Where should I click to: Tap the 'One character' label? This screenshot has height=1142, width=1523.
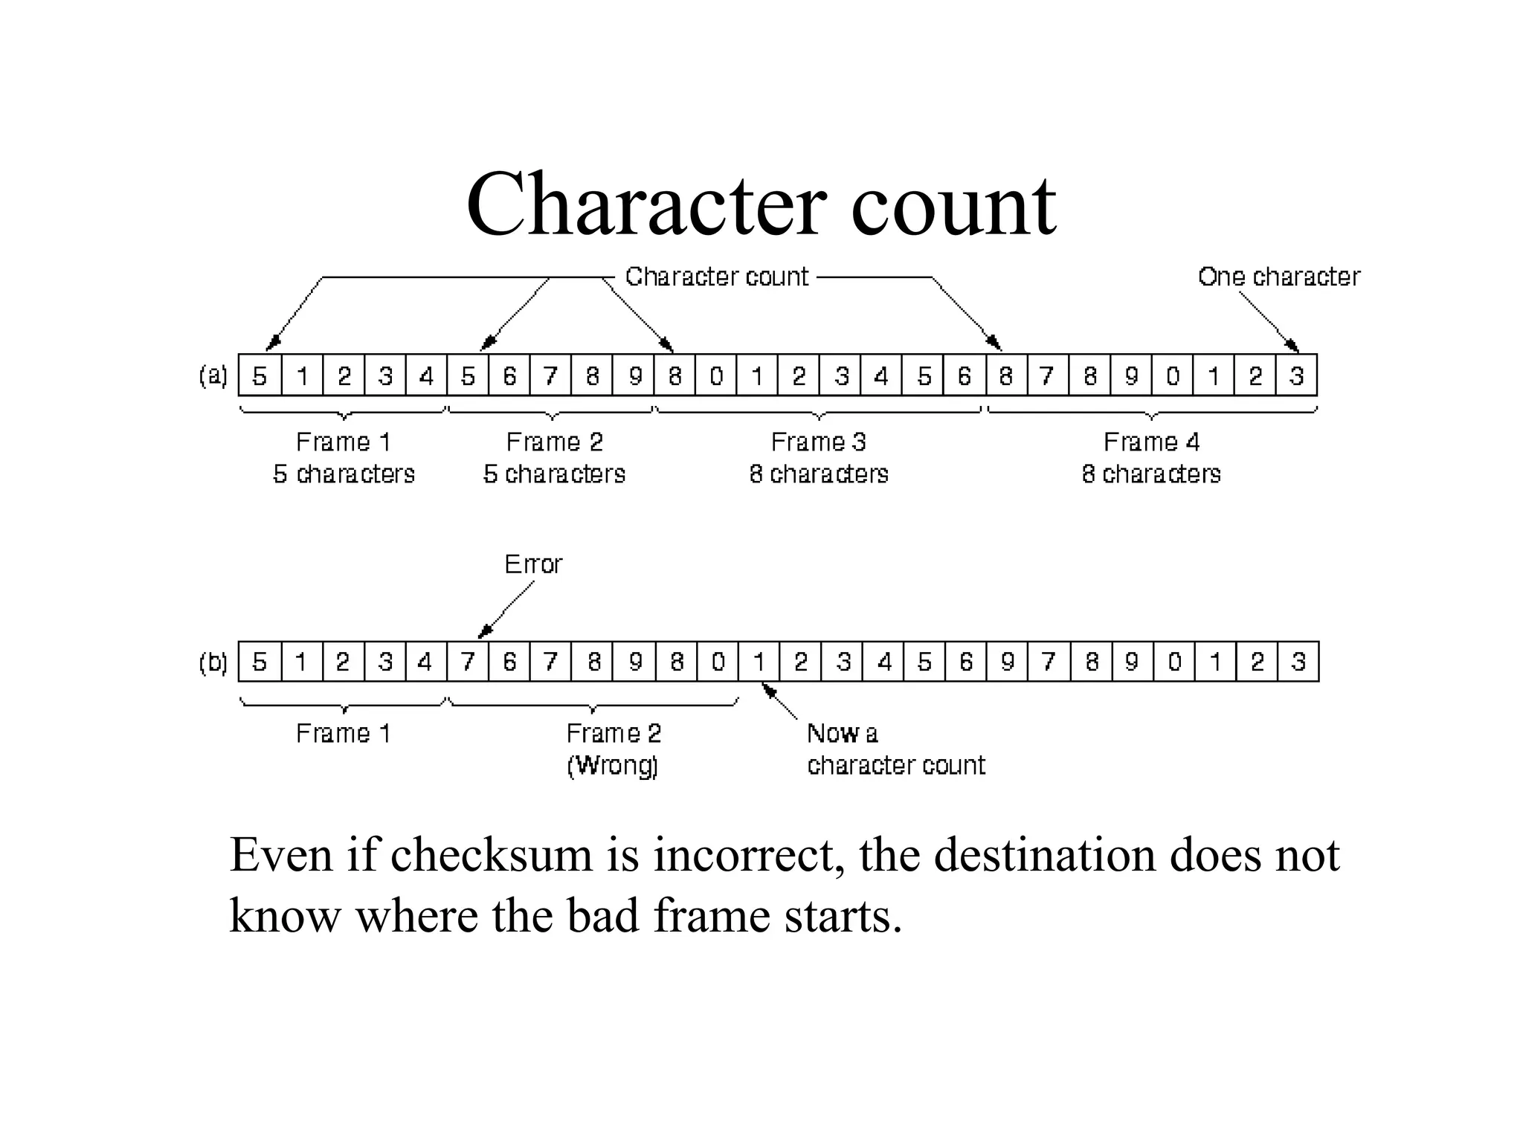tap(1278, 277)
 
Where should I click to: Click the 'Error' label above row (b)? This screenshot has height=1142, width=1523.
tap(532, 564)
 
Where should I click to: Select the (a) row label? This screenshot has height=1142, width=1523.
tap(213, 375)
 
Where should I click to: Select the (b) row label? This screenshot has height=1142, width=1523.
tap(213, 662)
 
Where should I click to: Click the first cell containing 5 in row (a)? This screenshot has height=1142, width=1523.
tap(260, 375)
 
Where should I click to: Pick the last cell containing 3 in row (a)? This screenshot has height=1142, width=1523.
tap(1296, 375)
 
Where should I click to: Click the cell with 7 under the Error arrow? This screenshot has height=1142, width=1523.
tap(467, 662)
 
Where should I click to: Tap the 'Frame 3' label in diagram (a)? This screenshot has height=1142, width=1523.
tap(818, 442)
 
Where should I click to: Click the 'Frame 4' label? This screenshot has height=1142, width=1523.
tap(1151, 442)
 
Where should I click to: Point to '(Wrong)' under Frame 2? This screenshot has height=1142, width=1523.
tap(613, 765)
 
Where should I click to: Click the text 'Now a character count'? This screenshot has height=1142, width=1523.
tap(895, 749)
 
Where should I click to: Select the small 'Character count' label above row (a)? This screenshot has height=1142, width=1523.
tap(716, 277)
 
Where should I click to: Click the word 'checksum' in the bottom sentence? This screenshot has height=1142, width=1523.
tap(491, 855)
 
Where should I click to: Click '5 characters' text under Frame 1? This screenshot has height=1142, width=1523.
tap(344, 474)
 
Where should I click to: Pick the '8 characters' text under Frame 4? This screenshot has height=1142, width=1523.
tap(1151, 474)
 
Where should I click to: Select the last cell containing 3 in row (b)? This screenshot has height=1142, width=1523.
tap(1298, 662)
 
